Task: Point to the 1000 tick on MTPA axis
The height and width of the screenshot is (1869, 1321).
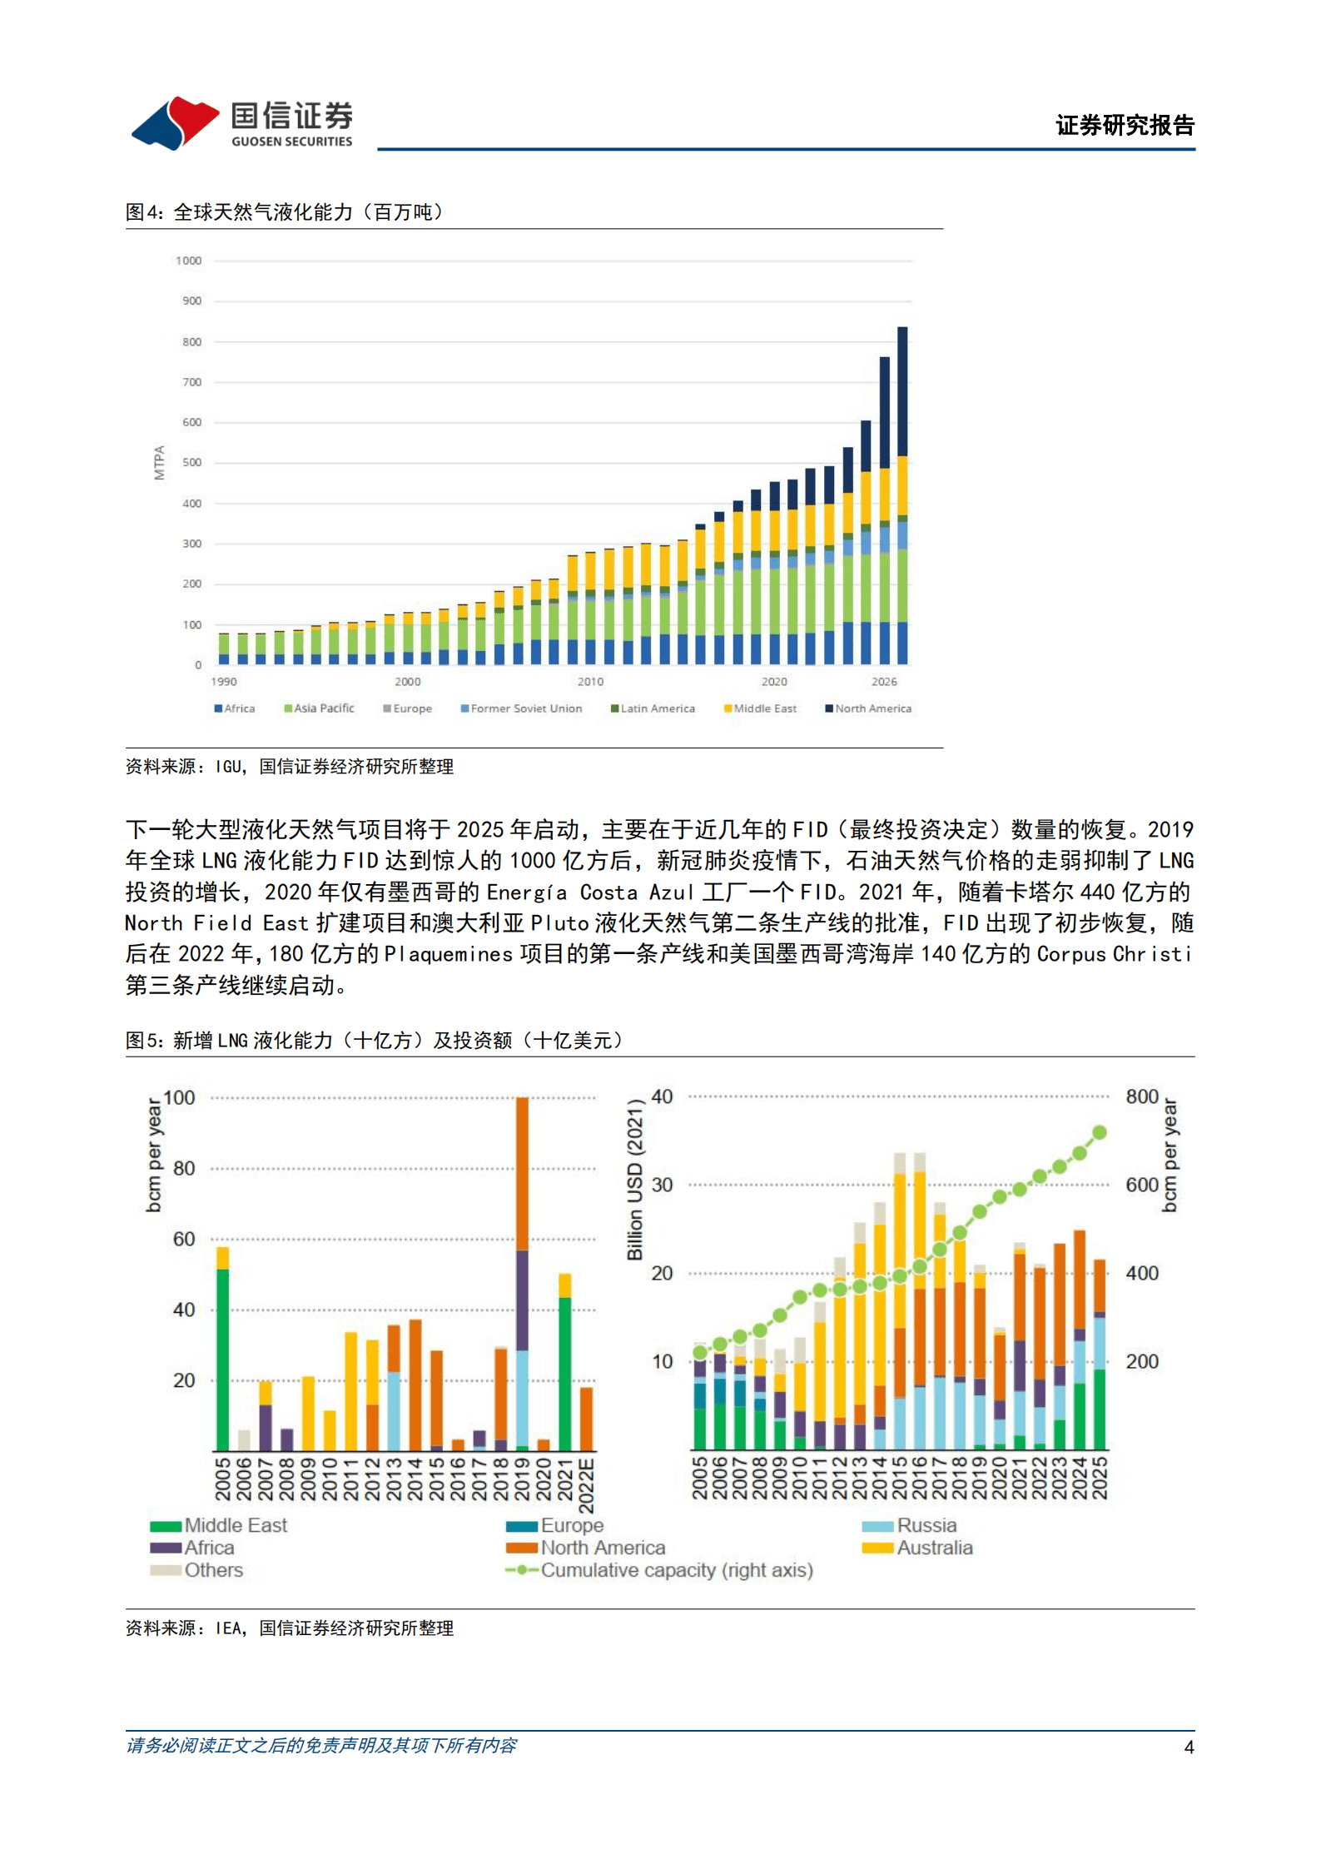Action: (x=188, y=261)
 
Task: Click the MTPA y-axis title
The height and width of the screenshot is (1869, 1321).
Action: (x=159, y=462)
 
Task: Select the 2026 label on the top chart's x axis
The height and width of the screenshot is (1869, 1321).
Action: (x=884, y=681)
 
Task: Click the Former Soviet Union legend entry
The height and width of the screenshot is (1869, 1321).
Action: (x=522, y=708)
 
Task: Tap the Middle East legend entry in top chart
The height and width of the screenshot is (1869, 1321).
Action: (x=760, y=708)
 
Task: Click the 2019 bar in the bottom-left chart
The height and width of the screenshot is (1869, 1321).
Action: (x=522, y=1274)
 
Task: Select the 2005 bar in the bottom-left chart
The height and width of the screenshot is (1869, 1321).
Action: (x=222, y=1349)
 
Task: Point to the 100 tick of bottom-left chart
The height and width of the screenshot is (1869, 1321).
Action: (x=179, y=1097)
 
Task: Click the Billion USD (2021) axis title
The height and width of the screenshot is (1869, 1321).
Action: (x=635, y=1179)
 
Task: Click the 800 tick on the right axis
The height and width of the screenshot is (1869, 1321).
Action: (x=1141, y=1096)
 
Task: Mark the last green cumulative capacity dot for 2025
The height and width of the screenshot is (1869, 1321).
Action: (x=1099, y=1132)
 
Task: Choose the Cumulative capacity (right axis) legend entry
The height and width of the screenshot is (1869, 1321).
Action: (x=659, y=1570)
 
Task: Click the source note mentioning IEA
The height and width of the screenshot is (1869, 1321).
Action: (x=290, y=1628)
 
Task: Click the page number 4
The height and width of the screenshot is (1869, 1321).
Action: (x=1189, y=1747)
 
